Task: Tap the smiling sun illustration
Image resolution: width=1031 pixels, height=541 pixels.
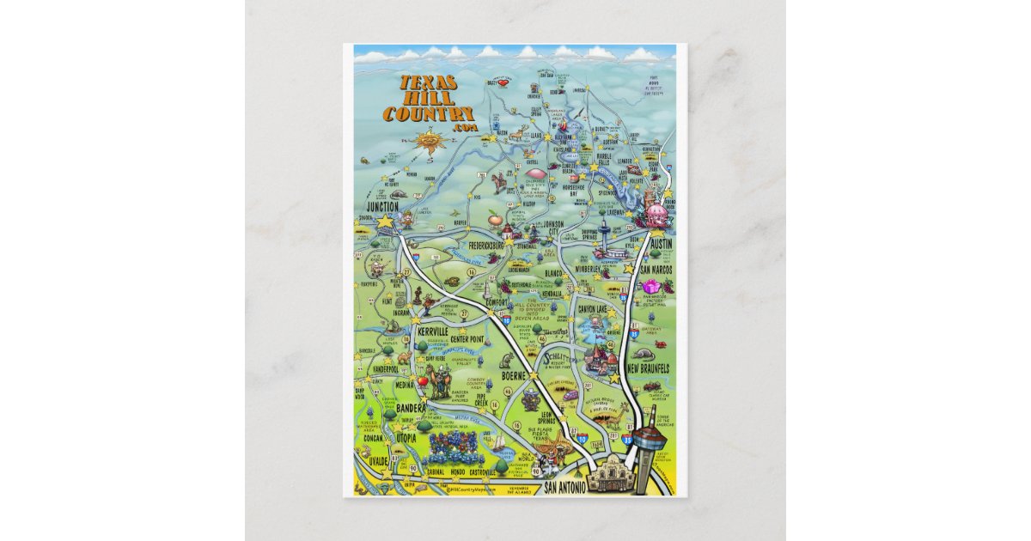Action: point(426,139)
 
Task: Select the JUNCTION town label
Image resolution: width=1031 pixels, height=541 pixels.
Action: point(382,207)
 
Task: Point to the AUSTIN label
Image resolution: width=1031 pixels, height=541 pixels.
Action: point(662,244)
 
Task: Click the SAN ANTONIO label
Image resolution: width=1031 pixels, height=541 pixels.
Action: point(565,487)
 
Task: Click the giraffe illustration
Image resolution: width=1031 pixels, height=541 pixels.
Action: point(443,381)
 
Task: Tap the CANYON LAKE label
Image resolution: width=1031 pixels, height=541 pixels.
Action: point(598,308)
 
